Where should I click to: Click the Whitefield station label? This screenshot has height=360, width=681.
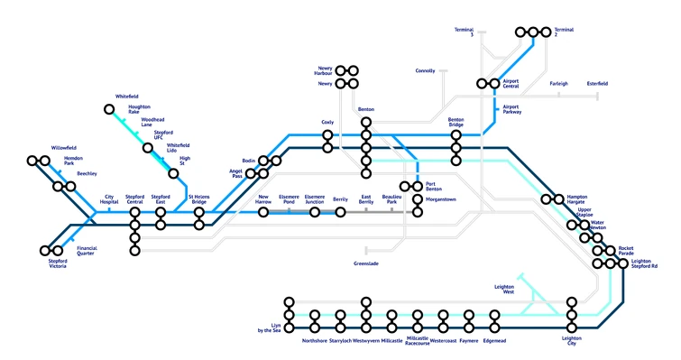[127, 96]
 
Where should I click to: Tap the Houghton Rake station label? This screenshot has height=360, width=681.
[139, 109]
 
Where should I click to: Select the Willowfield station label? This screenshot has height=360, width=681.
[64, 147]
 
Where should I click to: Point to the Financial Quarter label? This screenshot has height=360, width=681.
[87, 250]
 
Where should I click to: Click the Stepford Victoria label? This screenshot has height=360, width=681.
[57, 263]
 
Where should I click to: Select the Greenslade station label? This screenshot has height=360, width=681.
[365, 263]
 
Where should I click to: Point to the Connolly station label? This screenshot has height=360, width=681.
[425, 70]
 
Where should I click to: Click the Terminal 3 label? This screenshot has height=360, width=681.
[464, 32]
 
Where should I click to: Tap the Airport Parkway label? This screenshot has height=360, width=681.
[511, 109]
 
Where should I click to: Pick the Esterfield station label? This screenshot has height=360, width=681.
[597, 84]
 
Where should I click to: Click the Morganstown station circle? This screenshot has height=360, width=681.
[418, 199]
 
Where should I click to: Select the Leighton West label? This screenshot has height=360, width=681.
[503, 289]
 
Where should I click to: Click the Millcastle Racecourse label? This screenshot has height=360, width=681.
[418, 342]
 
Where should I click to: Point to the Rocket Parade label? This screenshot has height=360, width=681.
[626, 250]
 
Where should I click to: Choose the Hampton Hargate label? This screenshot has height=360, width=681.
[576, 198]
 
